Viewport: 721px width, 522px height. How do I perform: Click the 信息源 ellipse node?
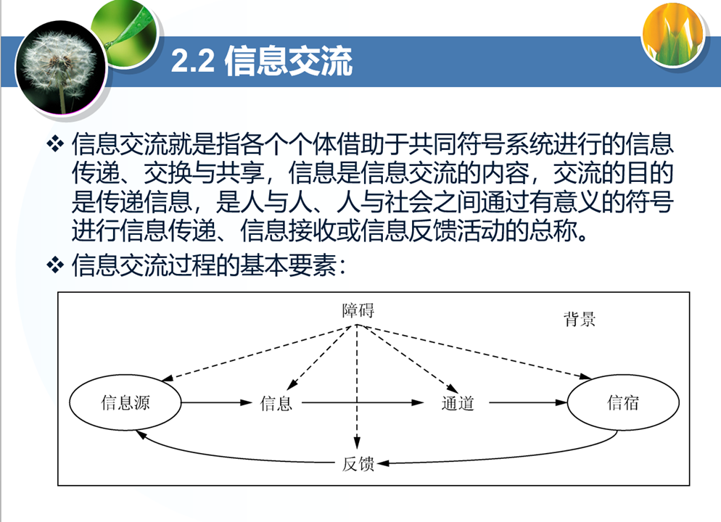(125, 403)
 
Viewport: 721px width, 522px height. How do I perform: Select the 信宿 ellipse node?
(623, 402)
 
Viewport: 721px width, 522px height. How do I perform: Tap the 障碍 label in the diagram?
(358, 310)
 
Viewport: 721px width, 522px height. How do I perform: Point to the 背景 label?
(580, 319)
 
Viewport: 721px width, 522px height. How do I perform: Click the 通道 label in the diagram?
(457, 403)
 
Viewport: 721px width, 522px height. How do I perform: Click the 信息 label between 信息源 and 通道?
(276, 403)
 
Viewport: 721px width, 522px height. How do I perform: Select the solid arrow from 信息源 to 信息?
(215, 403)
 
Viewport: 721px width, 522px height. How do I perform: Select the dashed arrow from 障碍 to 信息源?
(254, 353)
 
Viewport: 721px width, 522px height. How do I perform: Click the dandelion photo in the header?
(61, 67)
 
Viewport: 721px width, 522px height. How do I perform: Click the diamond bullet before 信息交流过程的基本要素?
(55, 265)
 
